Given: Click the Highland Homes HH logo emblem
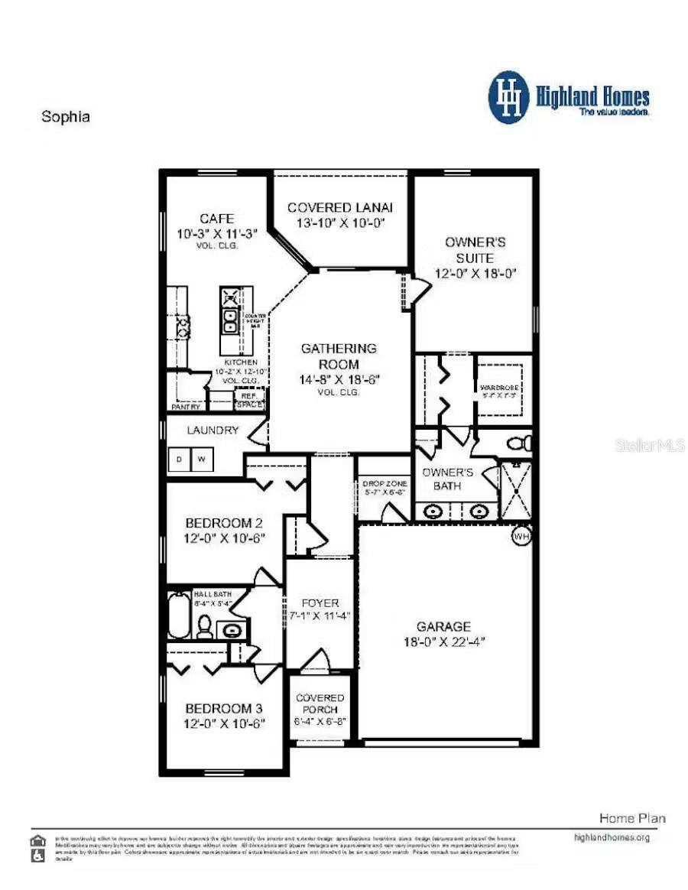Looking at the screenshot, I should tap(508, 97).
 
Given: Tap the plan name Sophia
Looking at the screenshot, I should tap(65, 117).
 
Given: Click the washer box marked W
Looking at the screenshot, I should tap(202, 460).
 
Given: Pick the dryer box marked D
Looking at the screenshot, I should tap(180, 460).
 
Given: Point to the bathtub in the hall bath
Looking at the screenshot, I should tap(179, 615).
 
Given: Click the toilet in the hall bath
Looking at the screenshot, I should tap(204, 627).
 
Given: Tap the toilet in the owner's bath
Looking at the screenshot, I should tap(520, 443).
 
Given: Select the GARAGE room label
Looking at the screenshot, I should tap(444, 626).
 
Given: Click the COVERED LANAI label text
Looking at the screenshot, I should tap(340, 207).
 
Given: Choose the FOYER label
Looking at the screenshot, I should tap(320, 603).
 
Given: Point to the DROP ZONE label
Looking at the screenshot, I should tap(385, 484).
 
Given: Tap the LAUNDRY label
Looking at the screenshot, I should tap(214, 430).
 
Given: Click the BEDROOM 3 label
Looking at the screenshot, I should tap(225, 708).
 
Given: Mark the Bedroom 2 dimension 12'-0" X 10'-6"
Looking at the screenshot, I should tap(225, 538).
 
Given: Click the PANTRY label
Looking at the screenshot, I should tap(186, 407).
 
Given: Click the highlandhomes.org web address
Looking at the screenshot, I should tap(612, 837).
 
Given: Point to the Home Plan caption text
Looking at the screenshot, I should tap(632, 818).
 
